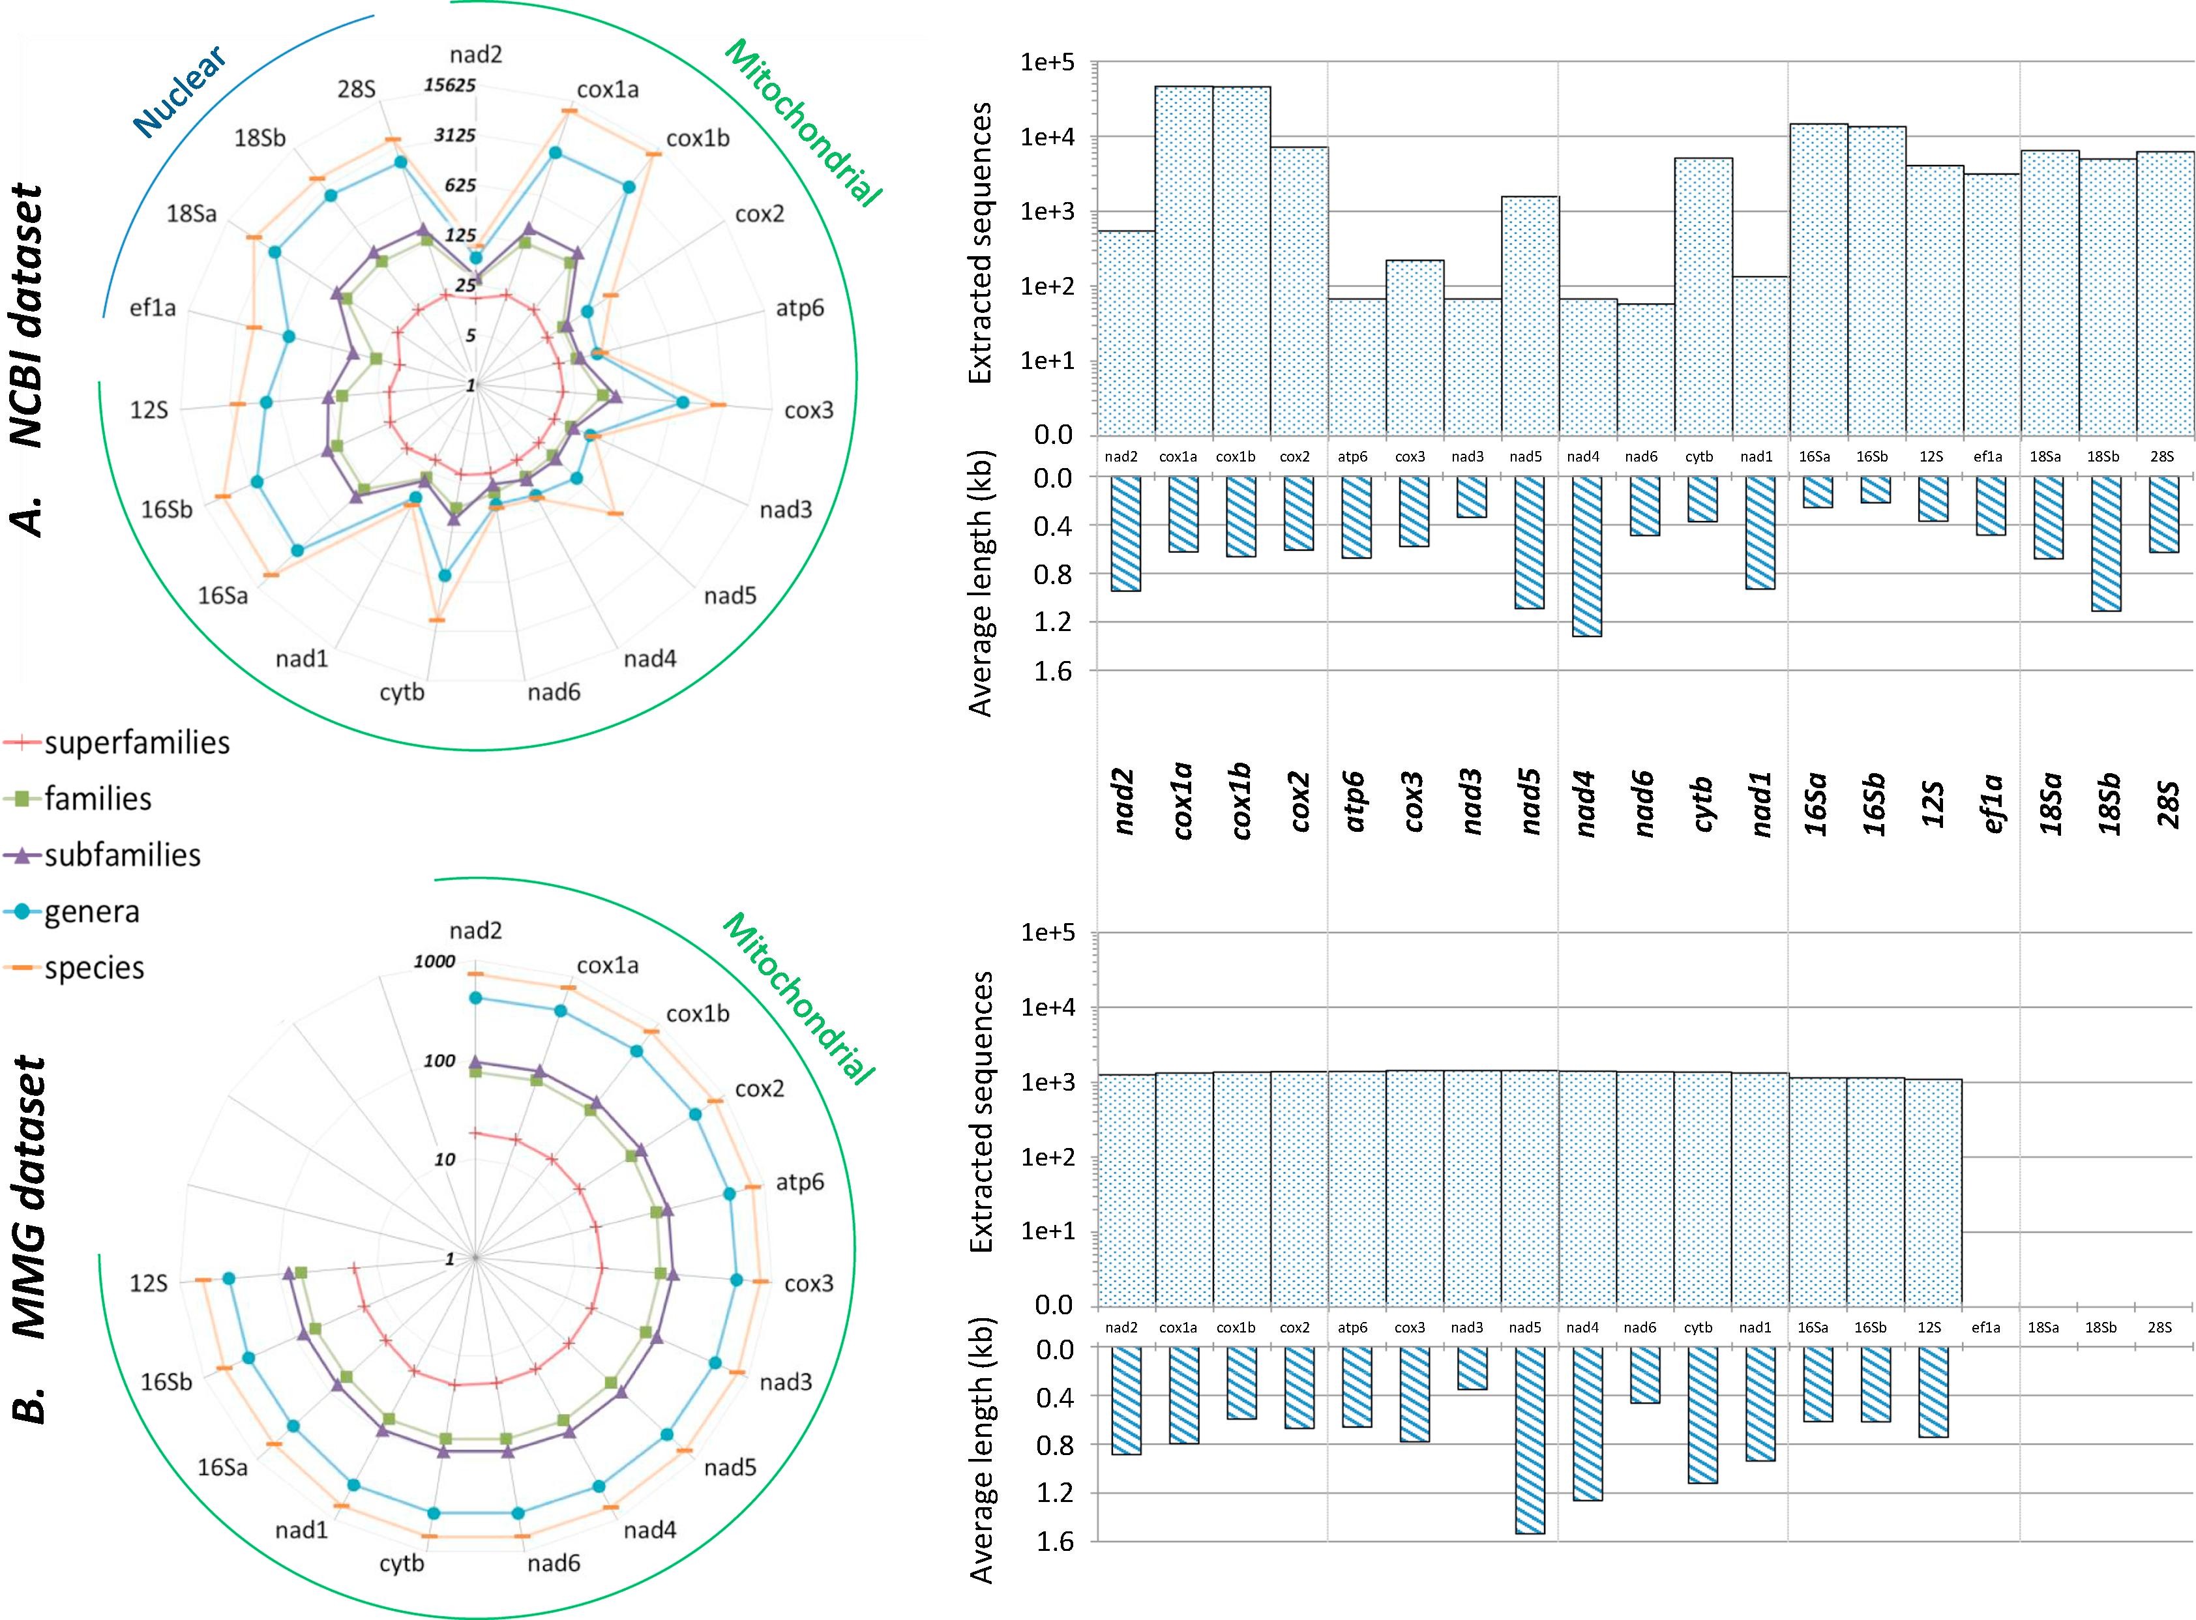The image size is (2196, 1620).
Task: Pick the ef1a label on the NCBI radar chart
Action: pos(153,309)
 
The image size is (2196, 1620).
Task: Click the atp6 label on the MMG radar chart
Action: pos(799,1183)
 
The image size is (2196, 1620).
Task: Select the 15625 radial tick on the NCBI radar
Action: pos(450,85)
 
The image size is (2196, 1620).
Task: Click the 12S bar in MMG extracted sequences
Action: pos(1933,1192)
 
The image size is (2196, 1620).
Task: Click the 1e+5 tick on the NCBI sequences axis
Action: pos(1048,63)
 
